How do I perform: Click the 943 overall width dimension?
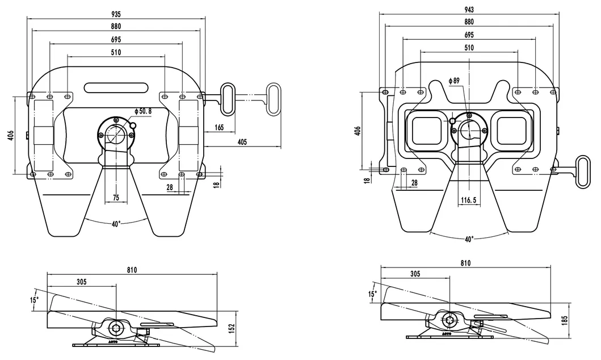[469, 10]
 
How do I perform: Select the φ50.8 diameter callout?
[143, 111]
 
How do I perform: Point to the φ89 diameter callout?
[454, 81]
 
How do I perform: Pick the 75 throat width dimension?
[116, 198]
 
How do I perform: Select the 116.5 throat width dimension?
[469, 200]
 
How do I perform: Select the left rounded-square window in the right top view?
[426, 130]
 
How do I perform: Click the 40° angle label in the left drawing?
[116, 224]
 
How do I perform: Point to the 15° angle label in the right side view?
[372, 294]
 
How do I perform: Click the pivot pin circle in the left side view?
[116, 327]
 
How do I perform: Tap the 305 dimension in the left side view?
[82, 281]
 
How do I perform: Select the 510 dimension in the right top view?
[469, 48]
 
